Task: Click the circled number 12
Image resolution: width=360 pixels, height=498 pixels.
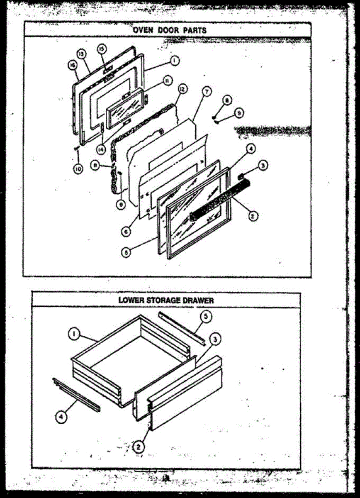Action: click(182, 89)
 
